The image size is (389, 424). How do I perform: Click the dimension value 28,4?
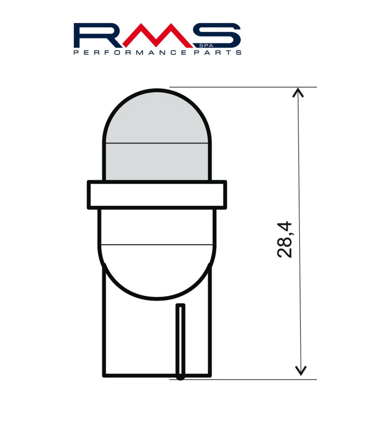(x=285, y=240)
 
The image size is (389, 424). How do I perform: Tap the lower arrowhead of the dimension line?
(x=301, y=370)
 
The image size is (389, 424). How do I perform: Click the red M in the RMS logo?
(x=156, y=35)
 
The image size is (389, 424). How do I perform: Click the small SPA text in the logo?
(x=206, y=46)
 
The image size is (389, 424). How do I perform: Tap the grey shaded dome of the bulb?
(x=157, y=135)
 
